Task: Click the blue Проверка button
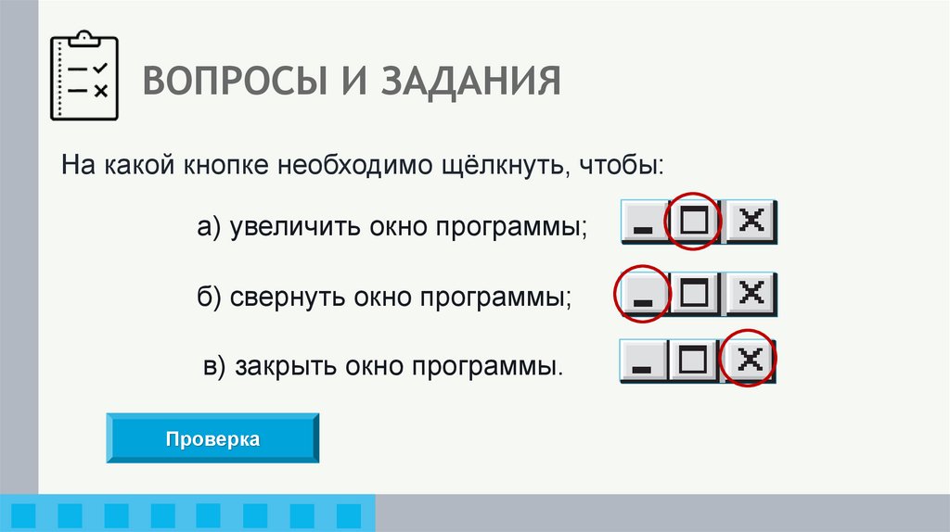point(212,438)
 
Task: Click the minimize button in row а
point(643,222)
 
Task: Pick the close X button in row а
point(751,222)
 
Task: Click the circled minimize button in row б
point(643,295)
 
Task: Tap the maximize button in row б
point(696,294)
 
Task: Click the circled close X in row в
point(749,361)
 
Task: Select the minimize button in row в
point(642,362)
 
